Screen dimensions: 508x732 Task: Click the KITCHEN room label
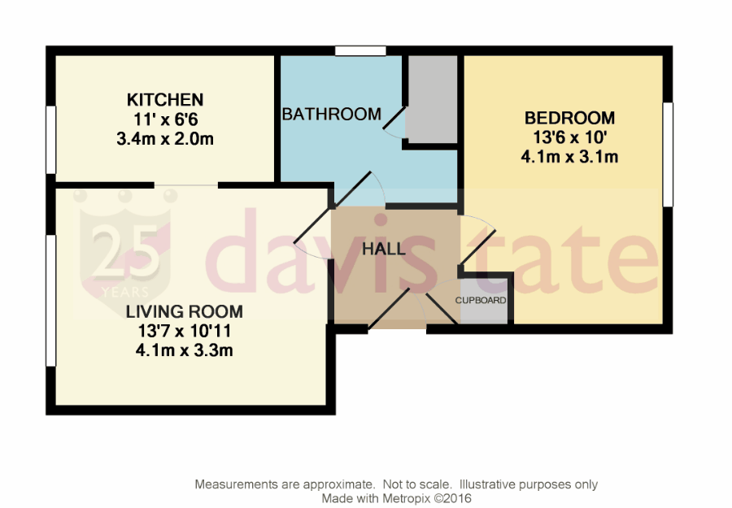tap(165, 100)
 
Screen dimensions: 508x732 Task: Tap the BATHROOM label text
tap(331, 115)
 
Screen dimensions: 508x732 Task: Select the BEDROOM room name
tap(569, 118)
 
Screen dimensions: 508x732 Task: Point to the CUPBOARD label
tap(481, 301)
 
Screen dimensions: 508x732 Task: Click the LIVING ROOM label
tap(184, 311)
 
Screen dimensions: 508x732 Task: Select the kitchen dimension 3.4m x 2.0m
tap(165, 138)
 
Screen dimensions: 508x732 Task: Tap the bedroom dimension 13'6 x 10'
tap(569, 137)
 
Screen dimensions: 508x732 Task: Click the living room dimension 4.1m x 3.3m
tap(184, 350)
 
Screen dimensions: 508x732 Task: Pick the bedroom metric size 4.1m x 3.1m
tap(569, 157)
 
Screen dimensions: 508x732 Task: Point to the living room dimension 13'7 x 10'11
tap(184, 331)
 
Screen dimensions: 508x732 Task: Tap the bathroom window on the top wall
tap(360, 51)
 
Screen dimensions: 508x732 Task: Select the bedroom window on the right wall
tap(668, 154)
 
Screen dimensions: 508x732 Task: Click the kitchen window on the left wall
tap(50, 139)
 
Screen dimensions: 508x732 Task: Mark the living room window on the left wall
tap(50, 300)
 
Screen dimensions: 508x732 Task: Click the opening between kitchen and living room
tap(186, 185)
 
